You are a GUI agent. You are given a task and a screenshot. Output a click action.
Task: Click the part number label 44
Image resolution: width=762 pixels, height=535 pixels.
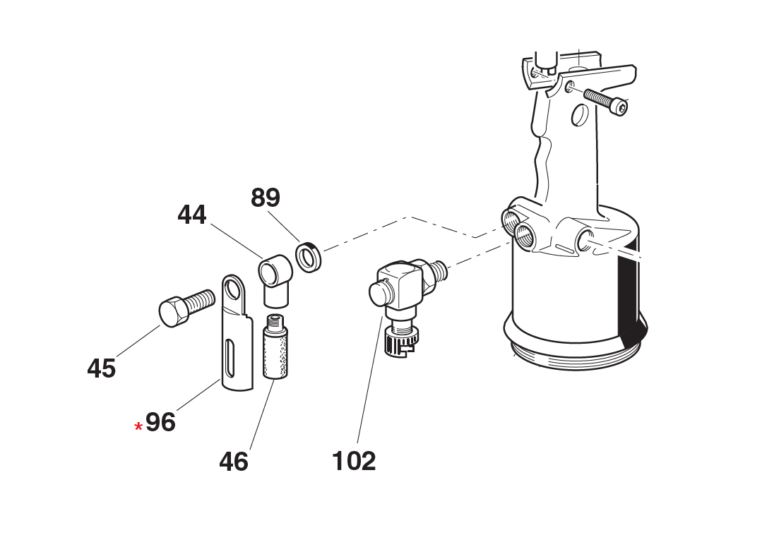[191, 214]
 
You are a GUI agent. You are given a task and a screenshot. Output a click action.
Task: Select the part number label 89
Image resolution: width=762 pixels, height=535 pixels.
[266, 198]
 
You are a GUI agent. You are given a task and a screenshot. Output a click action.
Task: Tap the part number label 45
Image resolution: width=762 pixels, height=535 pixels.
[101, 368]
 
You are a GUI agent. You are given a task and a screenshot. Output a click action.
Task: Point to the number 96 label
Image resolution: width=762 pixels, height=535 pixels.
[160, 422]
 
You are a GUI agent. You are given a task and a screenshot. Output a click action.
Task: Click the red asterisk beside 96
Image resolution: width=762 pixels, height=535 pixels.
[138, 427]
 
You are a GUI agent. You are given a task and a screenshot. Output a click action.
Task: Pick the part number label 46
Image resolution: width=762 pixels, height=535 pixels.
[233, 462]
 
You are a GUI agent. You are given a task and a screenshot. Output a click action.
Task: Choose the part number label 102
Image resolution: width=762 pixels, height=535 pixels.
[354, 461]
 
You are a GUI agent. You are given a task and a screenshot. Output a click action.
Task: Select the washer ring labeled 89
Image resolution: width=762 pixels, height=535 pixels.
[309, 256]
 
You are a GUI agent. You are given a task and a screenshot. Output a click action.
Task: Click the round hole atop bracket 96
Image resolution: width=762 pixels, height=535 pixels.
[234, 289]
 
